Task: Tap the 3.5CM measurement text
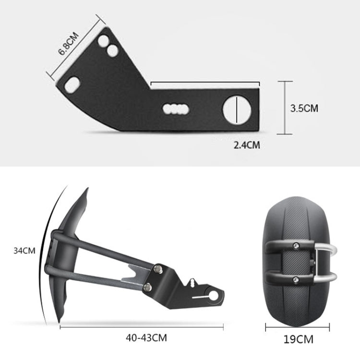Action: [x=304, y=108]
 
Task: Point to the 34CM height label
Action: [x=24, y=250]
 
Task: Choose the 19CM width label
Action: [x=298, y=339]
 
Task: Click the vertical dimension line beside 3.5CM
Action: [x=286, y=108]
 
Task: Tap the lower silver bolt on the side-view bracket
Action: [x=148, y=287]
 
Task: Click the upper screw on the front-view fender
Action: [x=296, y=247]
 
